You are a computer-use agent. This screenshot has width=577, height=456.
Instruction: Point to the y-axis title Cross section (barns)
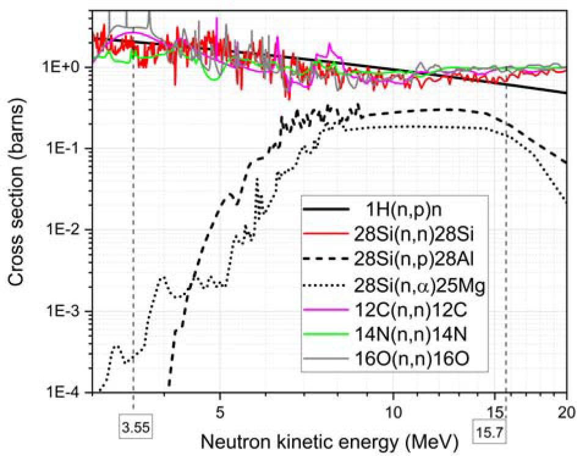click(x=15, y=202)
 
